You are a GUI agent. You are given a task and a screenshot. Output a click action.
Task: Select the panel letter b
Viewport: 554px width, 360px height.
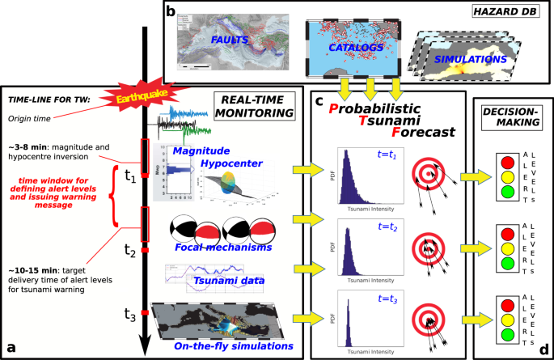pyautogui.click(x=171, y=11)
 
